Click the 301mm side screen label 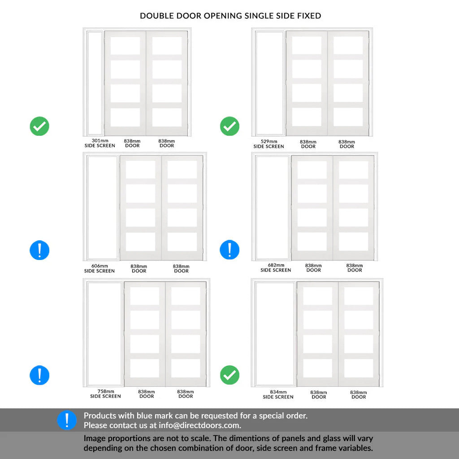point(100,143)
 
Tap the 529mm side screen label point(269,144)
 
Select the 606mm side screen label point(100,268)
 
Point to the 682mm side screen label point(276,268)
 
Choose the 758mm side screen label point(105,394)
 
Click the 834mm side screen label point(278,394)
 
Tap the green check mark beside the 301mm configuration point(39,126)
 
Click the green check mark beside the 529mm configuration point(230,126)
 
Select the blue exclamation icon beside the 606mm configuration point(39,250)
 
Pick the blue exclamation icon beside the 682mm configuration point(230,250)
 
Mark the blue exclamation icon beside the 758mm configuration point(39,375)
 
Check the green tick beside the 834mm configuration point(230,375)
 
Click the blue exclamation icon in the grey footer point(67,420)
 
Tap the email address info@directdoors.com point(199,425)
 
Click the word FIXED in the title point(309,16)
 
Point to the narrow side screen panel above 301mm point(95,83)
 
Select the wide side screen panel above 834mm point(275,333)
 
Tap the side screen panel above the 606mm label point(103,208)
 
